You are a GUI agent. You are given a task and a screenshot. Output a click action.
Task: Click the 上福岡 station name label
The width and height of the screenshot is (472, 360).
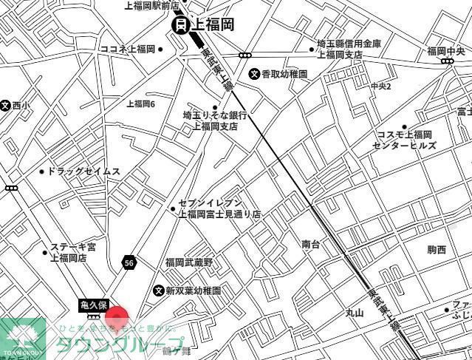pos(213,24)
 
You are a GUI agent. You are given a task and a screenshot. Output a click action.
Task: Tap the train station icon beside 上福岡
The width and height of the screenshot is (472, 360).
pos(180,25)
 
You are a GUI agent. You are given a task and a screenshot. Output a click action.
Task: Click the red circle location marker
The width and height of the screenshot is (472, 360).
pos(117,318)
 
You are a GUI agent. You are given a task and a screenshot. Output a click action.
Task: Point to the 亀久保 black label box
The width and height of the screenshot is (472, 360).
pos(94,305)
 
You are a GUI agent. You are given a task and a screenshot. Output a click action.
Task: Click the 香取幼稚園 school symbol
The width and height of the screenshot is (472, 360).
pos(253,73)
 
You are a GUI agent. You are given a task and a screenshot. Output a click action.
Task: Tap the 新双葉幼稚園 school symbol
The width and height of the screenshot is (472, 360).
pos(158,291)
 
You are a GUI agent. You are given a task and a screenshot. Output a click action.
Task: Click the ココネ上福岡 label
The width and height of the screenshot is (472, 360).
pos(127,50)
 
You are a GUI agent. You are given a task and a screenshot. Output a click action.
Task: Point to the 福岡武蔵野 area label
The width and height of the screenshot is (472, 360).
pos(188,262)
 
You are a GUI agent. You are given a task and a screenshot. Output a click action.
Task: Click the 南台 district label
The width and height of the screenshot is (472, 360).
pos(311,244)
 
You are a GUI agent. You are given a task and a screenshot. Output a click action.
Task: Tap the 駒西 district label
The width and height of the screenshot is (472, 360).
pos(437,250)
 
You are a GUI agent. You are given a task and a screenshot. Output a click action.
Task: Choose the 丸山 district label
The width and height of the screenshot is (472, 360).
pos(355,313)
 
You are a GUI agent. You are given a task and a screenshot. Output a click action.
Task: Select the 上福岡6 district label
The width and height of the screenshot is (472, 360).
pos(140,103)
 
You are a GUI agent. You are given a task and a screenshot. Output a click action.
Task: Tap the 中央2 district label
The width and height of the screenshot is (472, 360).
pos(381,86)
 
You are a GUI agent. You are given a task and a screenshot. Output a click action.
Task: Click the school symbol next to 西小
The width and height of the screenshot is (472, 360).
pos(5,106)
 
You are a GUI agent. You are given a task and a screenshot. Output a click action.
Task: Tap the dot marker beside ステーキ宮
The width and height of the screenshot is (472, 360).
pos(46,252)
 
